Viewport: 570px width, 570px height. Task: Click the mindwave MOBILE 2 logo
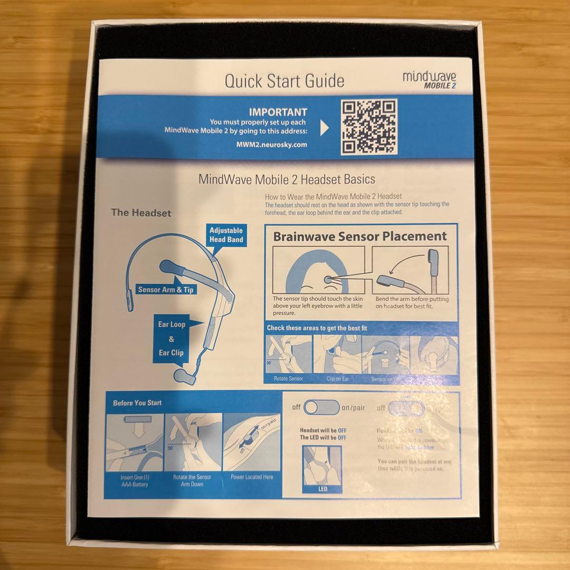pos(429,80)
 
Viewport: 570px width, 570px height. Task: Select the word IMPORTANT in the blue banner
pos(278,112)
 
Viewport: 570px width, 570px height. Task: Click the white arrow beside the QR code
pos(325,128)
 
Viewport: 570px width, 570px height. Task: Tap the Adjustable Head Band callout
pos(226,235)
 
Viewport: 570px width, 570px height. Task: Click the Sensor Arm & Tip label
pos(165,289)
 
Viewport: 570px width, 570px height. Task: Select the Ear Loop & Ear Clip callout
pos(172,338)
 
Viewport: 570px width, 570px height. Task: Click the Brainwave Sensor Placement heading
pos(359,236)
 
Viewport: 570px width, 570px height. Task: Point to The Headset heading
pos(141,213)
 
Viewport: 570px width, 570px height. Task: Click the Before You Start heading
pos(137,403)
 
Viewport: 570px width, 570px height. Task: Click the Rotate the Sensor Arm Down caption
pos(192,480)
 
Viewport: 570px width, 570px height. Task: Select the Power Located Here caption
pos(252,477)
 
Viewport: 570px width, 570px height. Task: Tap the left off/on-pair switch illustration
pos(322,407)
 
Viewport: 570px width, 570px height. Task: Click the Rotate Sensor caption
pos(288,379)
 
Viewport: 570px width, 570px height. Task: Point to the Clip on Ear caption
pos(337,379)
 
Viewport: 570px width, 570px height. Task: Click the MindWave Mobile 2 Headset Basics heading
pos(287,179)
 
